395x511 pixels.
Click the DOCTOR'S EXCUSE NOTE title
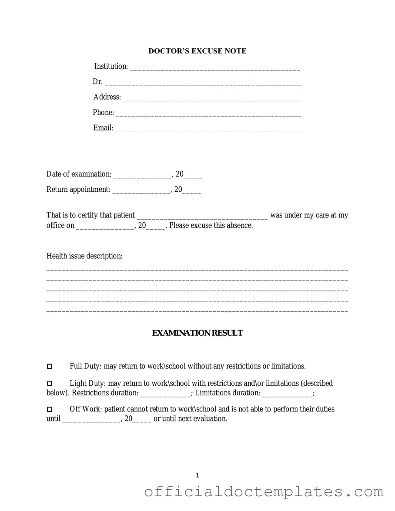point(197,51)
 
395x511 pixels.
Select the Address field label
point(107,97)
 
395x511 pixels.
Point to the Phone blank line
point(209,114)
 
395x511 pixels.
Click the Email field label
point(103,128)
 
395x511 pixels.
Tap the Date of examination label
point(79,174)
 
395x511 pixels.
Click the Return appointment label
point(78,190)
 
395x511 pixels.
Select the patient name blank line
point(202,217)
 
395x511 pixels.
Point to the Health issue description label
point(84,256)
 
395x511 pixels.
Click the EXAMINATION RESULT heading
point(197,333)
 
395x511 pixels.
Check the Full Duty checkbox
point(50,367)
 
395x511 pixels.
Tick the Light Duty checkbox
point(50,384)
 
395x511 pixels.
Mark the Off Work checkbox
point(50,410)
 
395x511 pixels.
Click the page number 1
point(197,475)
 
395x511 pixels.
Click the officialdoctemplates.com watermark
point(264,492)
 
